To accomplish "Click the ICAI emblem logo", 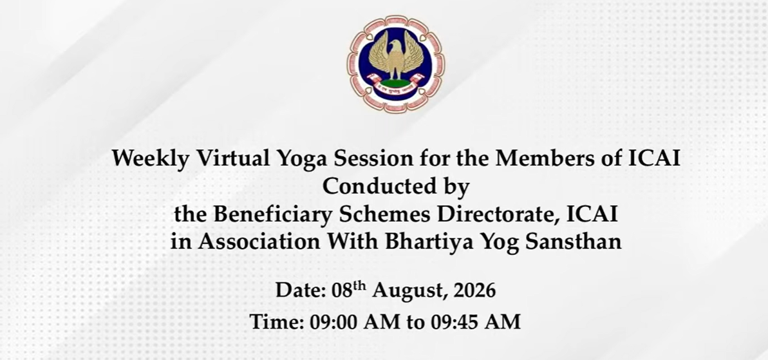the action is (x=396, y=64).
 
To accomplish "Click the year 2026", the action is (x=474, y=290).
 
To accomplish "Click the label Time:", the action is (x=277, y=322).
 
